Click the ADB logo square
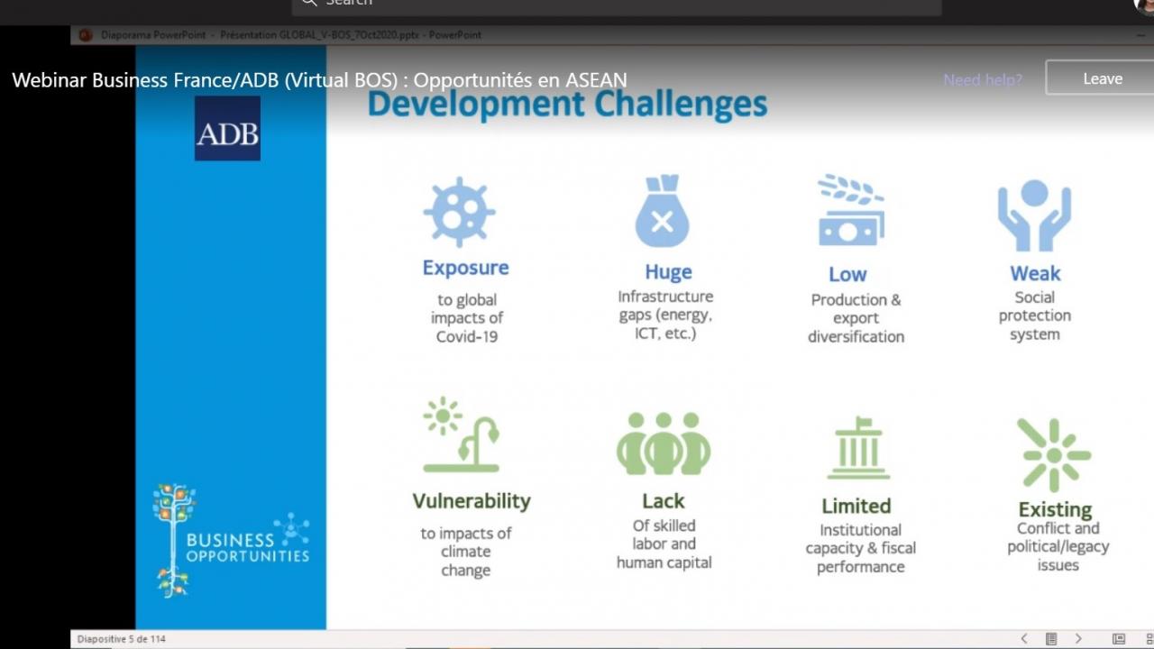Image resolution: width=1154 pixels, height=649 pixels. (227, 128)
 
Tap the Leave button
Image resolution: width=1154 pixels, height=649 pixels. (1103, 78)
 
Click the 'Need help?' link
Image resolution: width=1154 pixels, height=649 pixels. (983, 80)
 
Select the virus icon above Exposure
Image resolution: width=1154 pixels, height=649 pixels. (459, 212)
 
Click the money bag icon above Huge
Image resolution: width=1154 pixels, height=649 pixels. (663, 211)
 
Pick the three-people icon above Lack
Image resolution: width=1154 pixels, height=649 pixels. (664, 443)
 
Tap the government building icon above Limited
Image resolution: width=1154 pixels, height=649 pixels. (858, 448)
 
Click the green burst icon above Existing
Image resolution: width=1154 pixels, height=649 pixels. (1054, 455)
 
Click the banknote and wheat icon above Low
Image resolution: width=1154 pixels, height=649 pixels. (851, 210)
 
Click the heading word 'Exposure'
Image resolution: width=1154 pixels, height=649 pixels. (466, 268)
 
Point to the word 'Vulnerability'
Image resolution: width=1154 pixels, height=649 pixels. (472, 501)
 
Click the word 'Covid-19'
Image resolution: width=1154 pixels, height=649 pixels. (467, 337)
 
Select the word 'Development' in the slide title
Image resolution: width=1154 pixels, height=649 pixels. (475, 105)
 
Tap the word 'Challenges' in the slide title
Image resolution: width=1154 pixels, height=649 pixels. (681, 105)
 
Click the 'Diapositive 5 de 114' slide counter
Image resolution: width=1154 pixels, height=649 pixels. (122, 639)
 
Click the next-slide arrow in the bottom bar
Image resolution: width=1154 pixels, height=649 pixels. (1078, 639)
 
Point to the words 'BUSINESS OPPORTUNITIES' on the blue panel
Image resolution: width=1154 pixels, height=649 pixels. (248, 547)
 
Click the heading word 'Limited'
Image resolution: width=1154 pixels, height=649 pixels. (856, 507)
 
